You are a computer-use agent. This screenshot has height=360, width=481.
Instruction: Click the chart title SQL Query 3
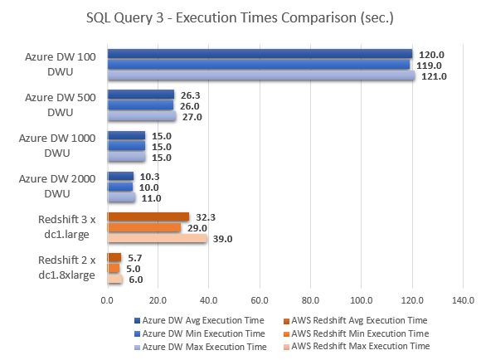(240, 17)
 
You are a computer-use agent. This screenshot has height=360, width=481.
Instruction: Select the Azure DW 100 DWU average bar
(260, 54)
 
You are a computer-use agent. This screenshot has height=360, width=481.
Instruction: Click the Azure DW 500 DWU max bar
(142, 116)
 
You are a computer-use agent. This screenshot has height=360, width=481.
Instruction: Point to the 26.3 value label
(191, 94)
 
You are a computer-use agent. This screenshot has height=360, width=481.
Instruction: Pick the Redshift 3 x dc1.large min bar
(144, 227)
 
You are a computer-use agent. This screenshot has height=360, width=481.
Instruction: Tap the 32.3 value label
(206, 216)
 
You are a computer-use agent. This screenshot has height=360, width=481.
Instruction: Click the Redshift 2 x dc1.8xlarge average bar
(114, 257)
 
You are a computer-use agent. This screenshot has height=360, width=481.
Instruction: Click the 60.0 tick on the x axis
(260, 299)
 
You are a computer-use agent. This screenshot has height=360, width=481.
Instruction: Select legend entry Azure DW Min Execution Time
(197, 333)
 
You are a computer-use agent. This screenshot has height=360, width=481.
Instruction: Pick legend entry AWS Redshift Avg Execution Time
(359, 319)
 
